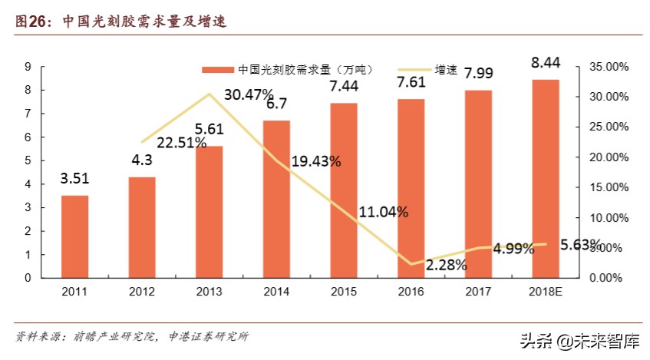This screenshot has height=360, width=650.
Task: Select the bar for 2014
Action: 276,199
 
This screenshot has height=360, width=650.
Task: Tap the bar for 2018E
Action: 546,179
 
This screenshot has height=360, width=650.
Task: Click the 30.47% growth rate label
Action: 249,95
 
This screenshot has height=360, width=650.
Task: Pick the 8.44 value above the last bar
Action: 546,62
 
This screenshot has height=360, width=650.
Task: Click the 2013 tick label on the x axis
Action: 209,292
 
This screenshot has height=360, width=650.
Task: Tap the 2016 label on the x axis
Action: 411,292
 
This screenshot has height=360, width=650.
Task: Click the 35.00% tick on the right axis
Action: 609,67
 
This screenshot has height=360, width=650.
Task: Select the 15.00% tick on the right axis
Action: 609,187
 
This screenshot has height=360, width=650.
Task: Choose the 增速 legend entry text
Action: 447,70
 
